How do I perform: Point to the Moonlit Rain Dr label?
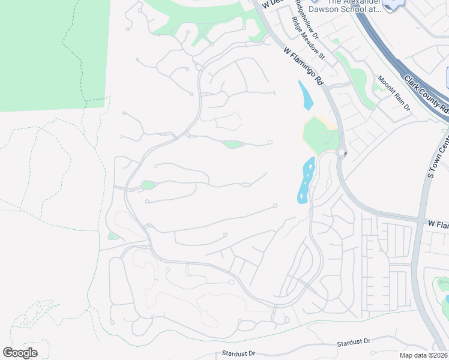pos(393,93)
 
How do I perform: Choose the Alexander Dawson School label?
pos(342,5)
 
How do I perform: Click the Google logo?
pos(20,353)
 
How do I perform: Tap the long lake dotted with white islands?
pos(306,181)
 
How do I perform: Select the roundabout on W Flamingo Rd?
pos(342,152)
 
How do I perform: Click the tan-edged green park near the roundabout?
pos(319,135)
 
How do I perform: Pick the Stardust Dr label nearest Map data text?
pos(354,342)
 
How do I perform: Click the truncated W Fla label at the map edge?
pos(438,224)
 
